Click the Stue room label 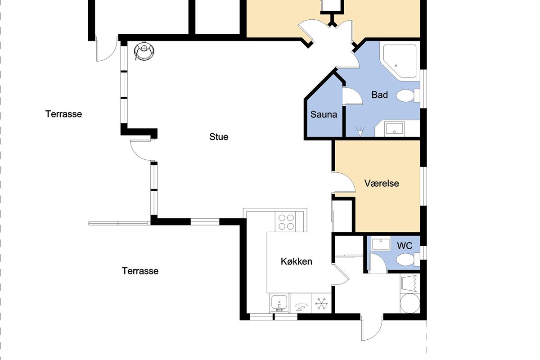[219, 137]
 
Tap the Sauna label [324, 115]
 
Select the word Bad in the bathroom [380, 95]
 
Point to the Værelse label [382, 183]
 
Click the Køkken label [297, 261]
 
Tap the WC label [405, 246]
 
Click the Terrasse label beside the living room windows [63, 114]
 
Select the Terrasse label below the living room [140, 271]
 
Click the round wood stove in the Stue [144, 51]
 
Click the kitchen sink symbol [279, 303]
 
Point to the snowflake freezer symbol [321, 304]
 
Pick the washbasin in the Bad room [394, 128]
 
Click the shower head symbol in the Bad [360, 132]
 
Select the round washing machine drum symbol [410, 303]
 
